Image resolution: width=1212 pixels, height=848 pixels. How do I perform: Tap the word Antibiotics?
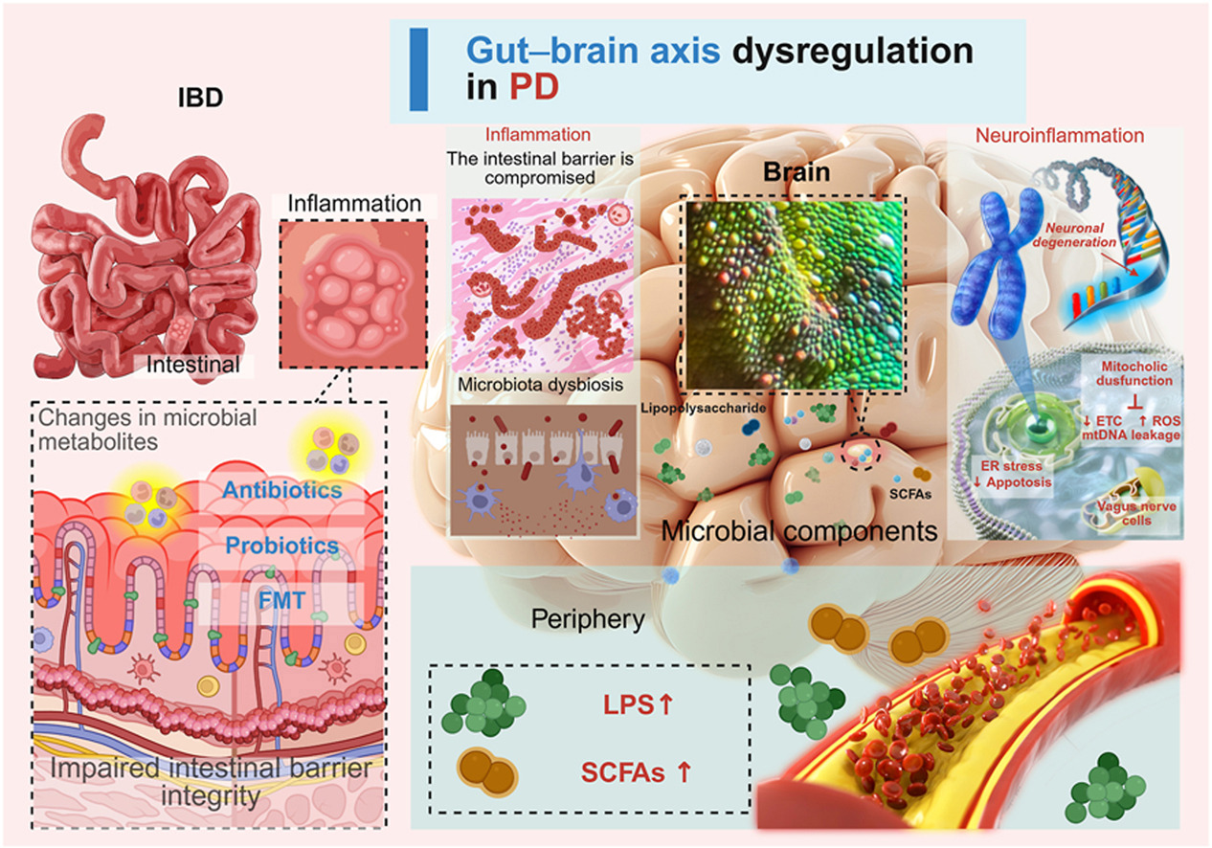point(282,490)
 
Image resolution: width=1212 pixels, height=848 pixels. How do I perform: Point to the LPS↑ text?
point(625,708)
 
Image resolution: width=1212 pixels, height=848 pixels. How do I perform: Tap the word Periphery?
point(589,619)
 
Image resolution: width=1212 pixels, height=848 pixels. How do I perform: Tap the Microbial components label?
point(801,531)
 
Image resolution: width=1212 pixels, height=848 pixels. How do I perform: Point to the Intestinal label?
point(189,364)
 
